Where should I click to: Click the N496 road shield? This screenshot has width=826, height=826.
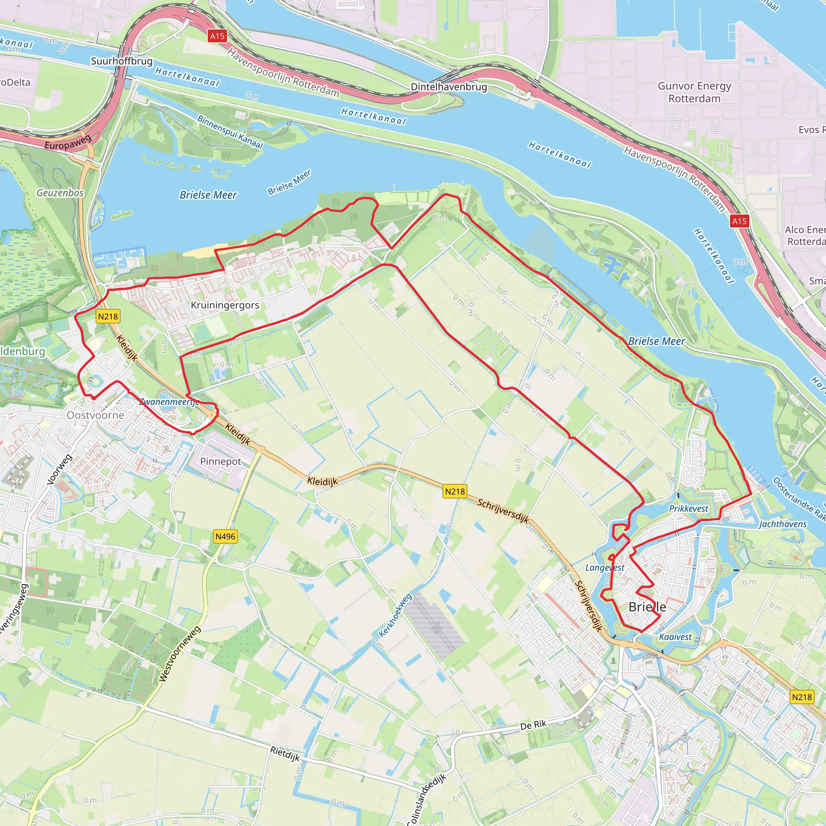(225, 536)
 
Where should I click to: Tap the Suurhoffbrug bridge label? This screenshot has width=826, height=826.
(121, 61)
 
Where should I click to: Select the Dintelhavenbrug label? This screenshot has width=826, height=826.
(448, 87)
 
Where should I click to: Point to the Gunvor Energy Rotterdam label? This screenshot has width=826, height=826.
(695, 92)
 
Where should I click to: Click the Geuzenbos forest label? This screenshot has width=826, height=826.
(60, 193)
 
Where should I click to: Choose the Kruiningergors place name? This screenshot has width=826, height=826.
(225, 305)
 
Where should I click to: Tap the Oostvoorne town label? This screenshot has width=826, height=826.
(95, 415)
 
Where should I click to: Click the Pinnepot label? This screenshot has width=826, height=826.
(221, 461)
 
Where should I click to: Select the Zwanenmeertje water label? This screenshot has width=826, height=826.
(169, 401)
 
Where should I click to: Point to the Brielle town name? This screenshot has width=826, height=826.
(647, 607)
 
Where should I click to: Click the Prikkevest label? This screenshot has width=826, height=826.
(688, 508)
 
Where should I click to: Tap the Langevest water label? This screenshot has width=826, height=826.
(605, 567)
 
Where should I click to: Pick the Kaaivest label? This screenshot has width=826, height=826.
(675, 636)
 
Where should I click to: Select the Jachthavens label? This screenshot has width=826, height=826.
(783, 524)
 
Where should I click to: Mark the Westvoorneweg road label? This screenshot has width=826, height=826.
(179, 654)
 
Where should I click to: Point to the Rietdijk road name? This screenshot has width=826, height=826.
(285, 754)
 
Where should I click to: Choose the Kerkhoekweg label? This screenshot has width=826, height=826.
(396, 615)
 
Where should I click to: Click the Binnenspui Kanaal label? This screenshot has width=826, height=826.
(230, 131)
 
